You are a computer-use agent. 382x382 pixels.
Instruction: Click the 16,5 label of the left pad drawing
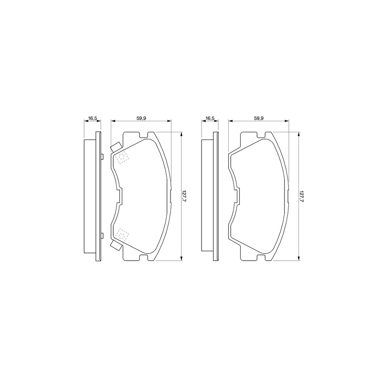[x=93, y=118]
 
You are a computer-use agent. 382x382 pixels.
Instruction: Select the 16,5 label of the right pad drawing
[x=210, y=118]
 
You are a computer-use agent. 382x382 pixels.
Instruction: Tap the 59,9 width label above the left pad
[x=141, y=118]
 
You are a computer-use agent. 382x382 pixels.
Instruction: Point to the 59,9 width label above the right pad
[x=259, y=118]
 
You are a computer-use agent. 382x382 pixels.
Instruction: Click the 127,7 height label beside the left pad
[x=184, y=196]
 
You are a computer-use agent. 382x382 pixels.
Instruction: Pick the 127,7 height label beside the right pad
[x=302, y=196]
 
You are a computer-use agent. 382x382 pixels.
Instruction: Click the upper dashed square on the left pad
[x=122, y=157]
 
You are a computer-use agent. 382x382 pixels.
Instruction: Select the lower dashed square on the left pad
[x=122, y=235]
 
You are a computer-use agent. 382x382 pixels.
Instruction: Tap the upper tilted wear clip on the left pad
[x=116, y=147]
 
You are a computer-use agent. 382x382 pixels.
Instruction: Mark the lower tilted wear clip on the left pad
[x=116, y=245]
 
